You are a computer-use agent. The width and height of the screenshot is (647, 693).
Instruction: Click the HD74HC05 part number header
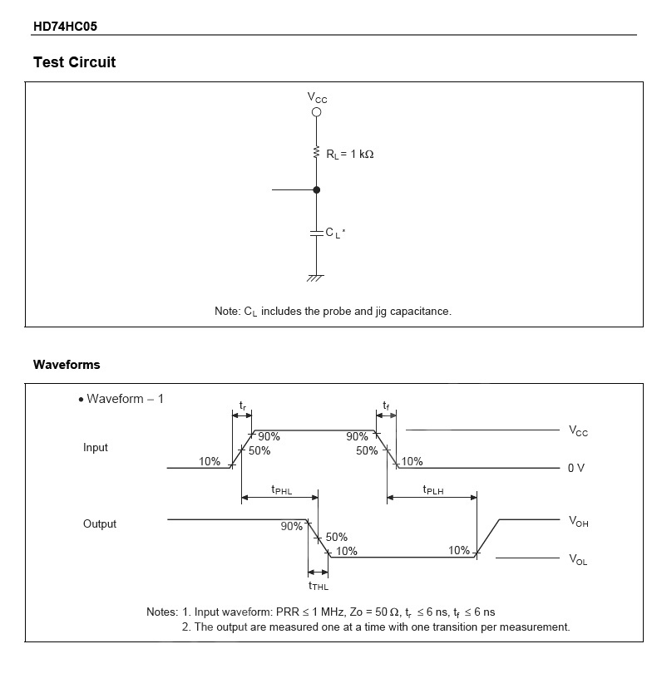pos(65,26)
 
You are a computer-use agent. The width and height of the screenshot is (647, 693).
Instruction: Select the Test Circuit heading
pos(74,62)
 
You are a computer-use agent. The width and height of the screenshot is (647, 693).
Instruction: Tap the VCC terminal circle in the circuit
pos(316,114)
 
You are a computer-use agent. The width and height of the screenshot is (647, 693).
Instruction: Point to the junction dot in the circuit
pos(316,190)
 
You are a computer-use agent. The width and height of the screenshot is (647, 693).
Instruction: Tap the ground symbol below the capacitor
pos(316,278)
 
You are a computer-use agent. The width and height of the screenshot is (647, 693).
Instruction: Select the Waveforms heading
pos(67,365)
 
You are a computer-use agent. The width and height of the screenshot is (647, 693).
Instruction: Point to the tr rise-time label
pos(243,405)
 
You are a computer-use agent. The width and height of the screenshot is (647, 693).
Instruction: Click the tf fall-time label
pos(386,405)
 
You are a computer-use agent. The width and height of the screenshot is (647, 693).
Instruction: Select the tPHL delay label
pos(282,490)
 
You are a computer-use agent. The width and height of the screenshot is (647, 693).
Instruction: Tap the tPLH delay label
pos(433,490)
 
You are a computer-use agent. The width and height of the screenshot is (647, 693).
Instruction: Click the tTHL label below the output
pos(319,586)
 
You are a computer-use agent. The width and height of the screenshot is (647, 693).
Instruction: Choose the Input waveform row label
pos(96,447)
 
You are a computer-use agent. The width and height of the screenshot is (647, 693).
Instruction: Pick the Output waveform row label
pos(100,523)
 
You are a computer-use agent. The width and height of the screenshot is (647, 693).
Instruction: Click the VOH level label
pos(578,521)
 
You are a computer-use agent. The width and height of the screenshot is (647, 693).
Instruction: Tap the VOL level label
pos(578,560)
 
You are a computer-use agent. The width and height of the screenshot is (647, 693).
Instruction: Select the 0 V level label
pos(576,468)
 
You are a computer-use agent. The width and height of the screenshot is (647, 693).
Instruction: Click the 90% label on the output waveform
pos(292,526)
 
